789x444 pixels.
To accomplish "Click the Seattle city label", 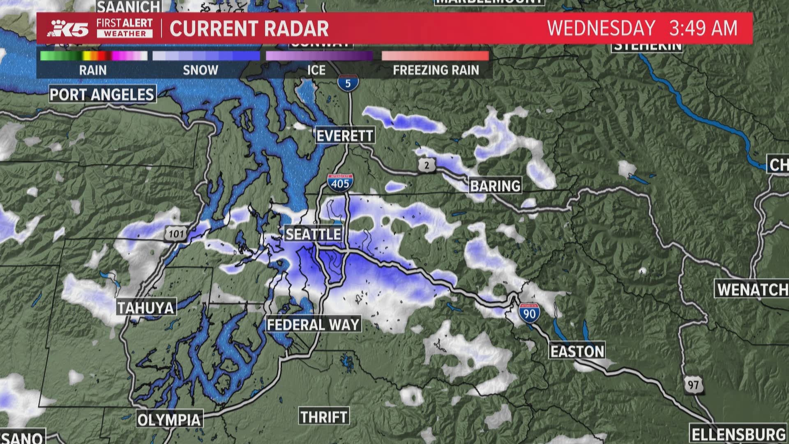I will [x=313, y=234].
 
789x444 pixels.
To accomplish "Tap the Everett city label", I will [x=345, y=135].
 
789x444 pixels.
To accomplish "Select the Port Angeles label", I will [x=102, y=95].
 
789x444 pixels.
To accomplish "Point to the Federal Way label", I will [x=313, y=325].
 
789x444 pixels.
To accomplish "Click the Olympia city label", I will [x=169, y=420].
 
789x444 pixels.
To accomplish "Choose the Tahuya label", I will [x=146, y=308].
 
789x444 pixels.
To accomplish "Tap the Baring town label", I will [x=495, y=186].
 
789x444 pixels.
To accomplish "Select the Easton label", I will [x=577, y=351].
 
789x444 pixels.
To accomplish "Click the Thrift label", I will [x=324, y=417].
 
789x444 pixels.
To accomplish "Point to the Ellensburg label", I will [x=738, y=434].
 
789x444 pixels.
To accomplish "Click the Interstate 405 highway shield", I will [x=340, y=182].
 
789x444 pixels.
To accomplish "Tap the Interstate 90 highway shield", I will [x=529, y=313].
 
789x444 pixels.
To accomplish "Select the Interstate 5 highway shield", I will [x=348, y=83].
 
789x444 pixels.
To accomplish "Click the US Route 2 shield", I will [x=427, y=165].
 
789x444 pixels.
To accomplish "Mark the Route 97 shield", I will [x=693, y=385].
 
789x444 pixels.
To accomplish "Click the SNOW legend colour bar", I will [x=206, y=56].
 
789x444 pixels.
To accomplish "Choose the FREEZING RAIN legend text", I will [x=436, y=70].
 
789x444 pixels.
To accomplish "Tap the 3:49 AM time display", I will [x=703, y=28].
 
